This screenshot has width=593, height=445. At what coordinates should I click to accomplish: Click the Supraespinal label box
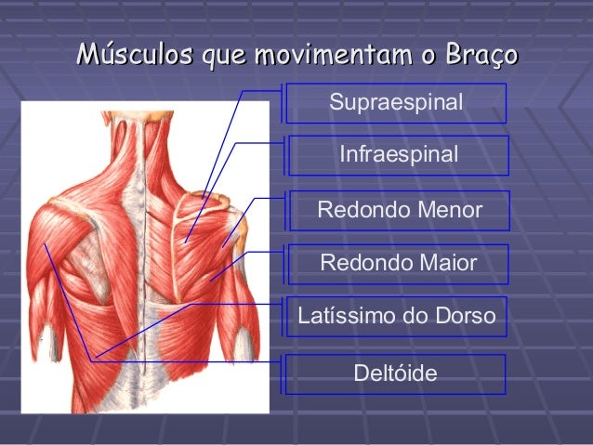pyautogui.click(x=395, y=102)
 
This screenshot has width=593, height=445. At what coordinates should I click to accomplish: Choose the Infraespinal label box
pyautogui.click(x=398, y=155)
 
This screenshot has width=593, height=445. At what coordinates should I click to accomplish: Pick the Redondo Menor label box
pyautogui.click(x=400, y=210)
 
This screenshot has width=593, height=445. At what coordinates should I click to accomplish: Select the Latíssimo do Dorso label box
pyautogui.click(x=397, y=318)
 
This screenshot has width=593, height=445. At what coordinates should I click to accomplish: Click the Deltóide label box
pyautogui.click(x=395, y=373)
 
